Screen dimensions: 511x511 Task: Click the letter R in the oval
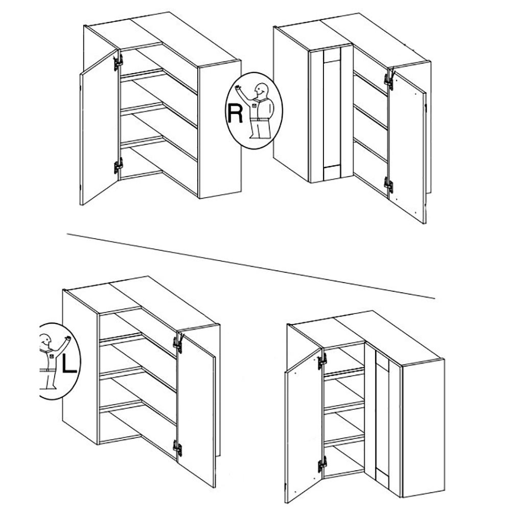click(235, 113)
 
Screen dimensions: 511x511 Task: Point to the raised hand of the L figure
click(68, 338)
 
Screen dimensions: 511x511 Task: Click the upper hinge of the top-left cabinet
click(118, 62)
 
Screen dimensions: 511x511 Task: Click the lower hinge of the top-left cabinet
click(118, 166)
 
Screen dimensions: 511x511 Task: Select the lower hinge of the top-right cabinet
click(389, 185)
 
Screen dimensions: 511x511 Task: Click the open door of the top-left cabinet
click(99, 127)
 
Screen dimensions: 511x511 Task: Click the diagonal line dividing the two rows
click(251, 266)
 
